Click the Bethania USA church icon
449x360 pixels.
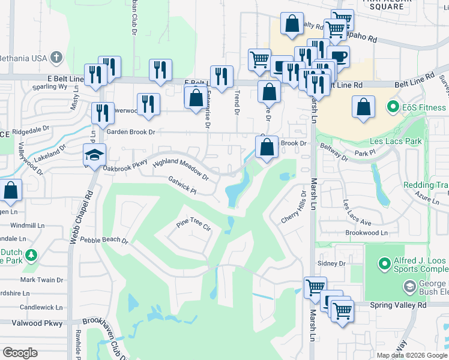[56, 58]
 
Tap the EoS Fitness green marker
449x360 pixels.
[393, 107]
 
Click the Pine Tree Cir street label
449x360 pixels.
[193, 223]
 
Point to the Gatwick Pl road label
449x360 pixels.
[182, 185]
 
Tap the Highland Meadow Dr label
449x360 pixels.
[180, 170]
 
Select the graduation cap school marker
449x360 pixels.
[94, 155]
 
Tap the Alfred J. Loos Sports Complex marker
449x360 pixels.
[383, 263]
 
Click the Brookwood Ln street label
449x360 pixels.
[366, 233]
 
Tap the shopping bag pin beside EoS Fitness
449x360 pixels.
[363, 107]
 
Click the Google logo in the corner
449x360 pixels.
[20, 353]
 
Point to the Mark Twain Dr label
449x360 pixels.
[41, 280]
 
